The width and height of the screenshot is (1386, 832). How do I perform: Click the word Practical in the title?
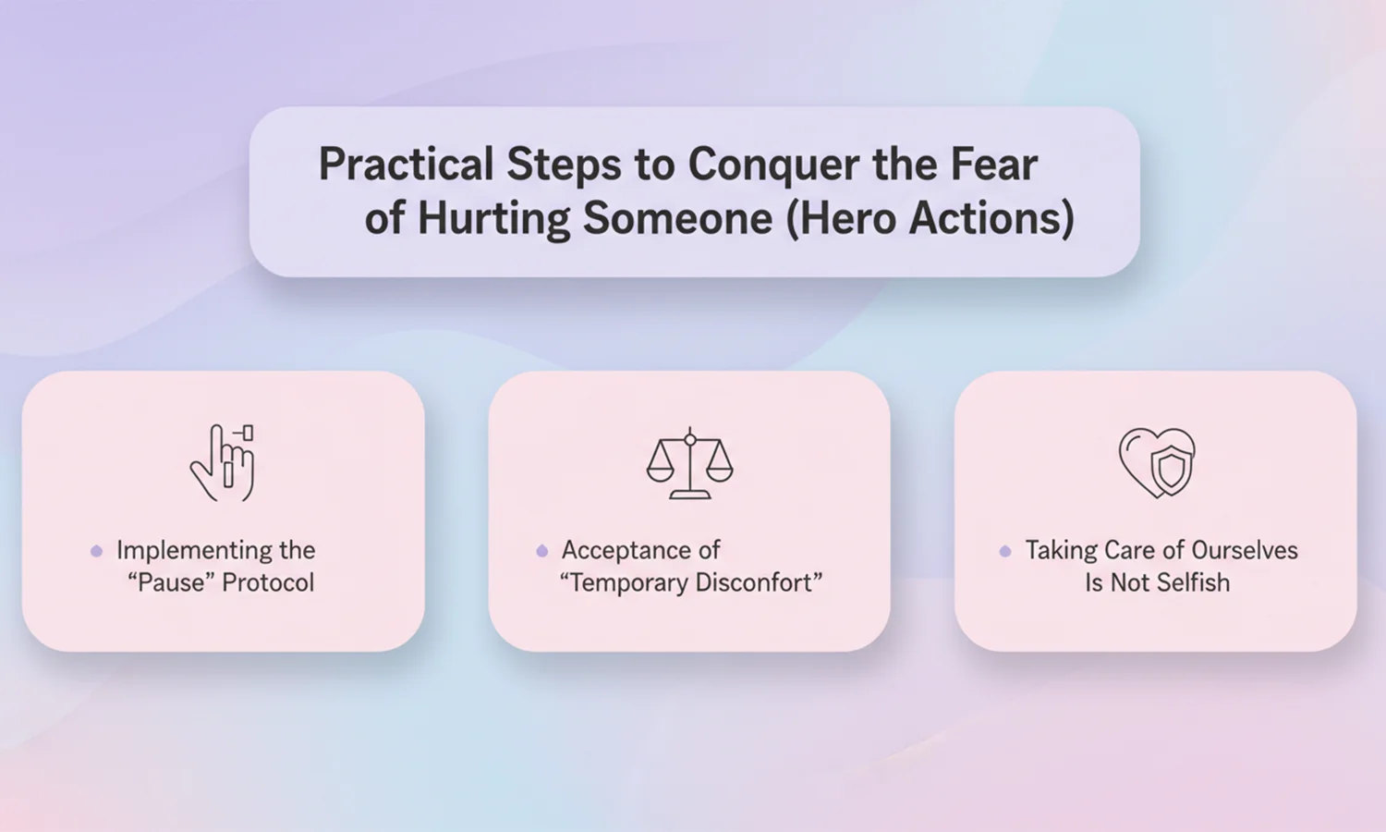pos(407,164)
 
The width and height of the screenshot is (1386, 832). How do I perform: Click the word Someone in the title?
pos(678,218)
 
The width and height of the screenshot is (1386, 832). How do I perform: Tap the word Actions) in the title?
pos(991,219)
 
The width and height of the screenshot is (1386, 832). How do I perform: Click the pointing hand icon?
pos(223,462)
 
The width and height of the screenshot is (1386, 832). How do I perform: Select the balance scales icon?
pos(690,462)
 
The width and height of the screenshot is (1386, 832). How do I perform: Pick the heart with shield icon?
pos(1157,462)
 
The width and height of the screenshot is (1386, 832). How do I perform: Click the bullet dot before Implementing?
pos(96,551)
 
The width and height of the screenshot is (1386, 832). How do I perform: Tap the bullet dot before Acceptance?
pos(542,551)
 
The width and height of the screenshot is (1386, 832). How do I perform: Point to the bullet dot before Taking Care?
pos(1005,551)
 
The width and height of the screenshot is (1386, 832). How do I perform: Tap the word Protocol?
pos(268,582)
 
